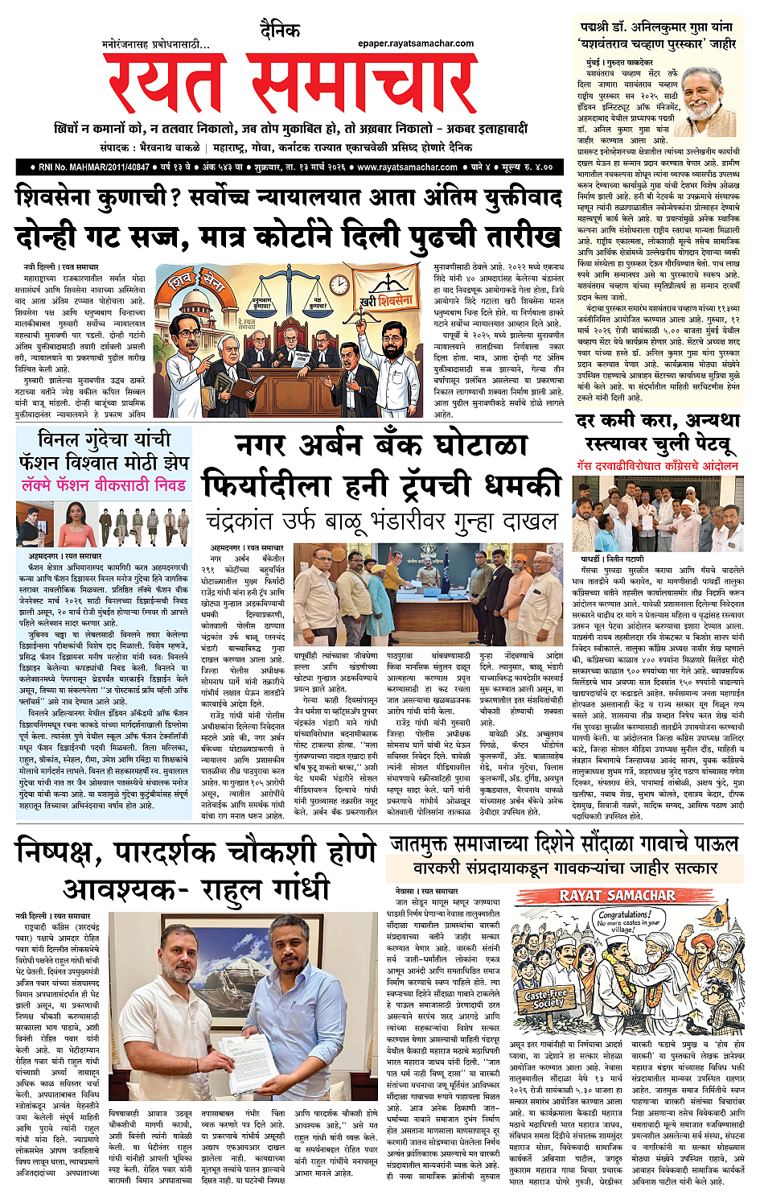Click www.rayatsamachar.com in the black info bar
click(407, 167)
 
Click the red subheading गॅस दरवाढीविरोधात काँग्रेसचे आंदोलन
click(657, 466)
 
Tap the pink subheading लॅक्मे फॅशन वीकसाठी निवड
click(105, 485)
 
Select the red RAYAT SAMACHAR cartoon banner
click(618, 896)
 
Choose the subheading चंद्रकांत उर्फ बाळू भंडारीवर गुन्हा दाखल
click(381, 522)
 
